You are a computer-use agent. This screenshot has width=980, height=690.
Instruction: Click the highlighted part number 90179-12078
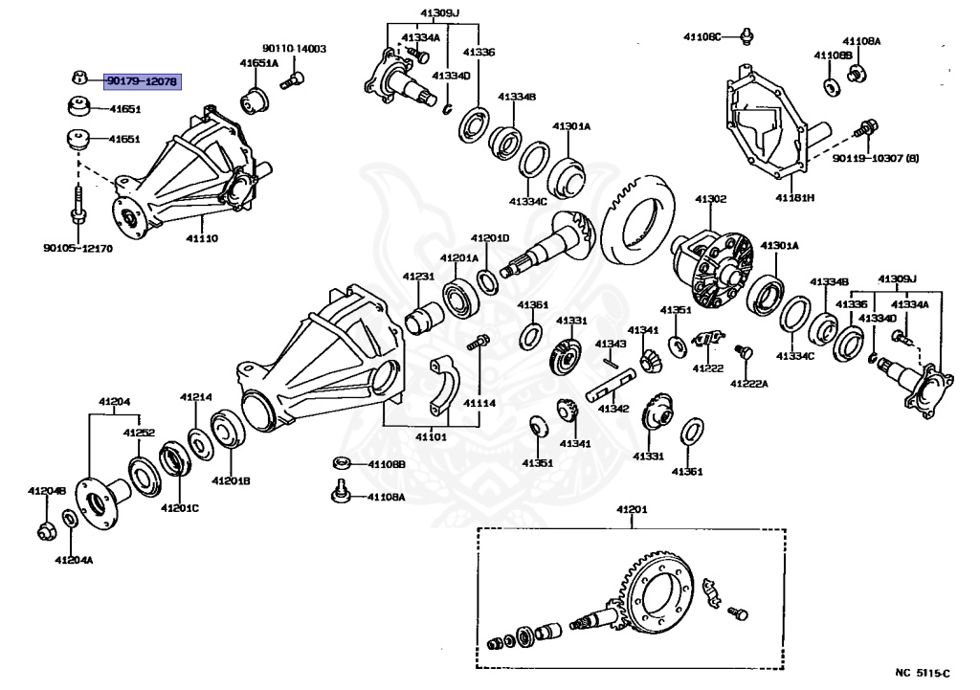pos(142,82)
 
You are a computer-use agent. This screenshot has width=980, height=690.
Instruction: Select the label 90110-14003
pos(294,48)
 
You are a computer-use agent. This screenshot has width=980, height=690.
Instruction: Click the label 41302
pos(711,199)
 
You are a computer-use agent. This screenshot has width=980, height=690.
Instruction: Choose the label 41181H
pos(794,198)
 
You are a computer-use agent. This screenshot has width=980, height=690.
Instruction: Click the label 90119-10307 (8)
pos(875,157)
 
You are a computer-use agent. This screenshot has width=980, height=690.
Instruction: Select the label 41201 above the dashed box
pos(632,510)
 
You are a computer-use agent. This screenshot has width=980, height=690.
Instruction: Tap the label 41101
pos(432,437)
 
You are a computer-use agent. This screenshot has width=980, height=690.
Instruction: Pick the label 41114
pos(479,403)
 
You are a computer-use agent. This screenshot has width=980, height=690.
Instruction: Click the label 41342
pos(613,409)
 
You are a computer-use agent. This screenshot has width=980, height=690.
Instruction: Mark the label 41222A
pos(749,383)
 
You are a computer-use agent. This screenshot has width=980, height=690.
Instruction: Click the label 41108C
pos(703,36)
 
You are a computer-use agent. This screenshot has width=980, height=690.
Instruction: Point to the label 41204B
pos(46,491)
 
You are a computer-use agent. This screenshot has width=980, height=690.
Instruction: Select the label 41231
pos(418,277)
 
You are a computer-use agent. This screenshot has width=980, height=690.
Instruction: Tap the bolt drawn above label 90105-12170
pos(76,205)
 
